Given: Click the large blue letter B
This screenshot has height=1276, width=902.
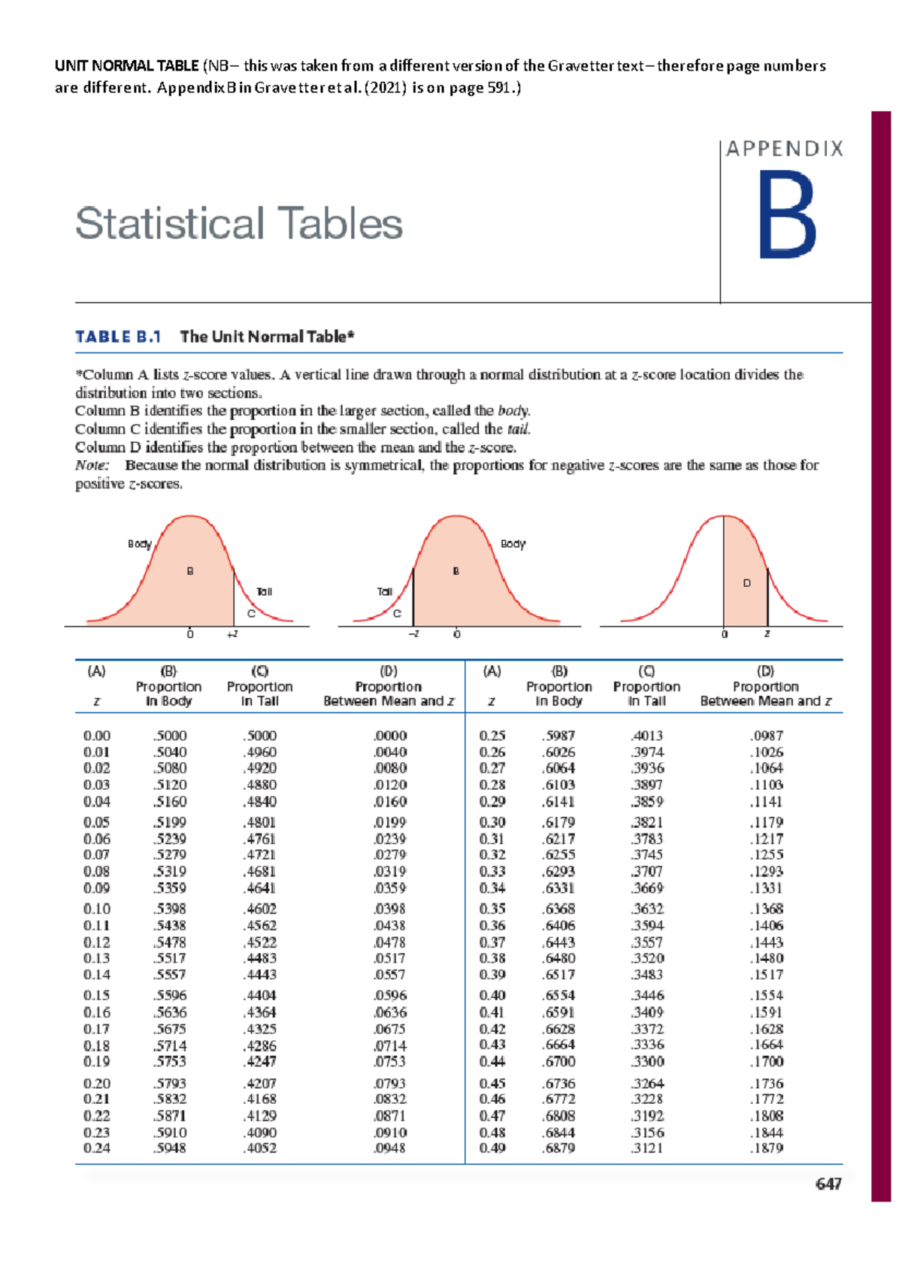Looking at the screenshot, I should click(x=786, y=216).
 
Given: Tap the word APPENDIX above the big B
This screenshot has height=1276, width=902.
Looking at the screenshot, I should click(x=784, y=149).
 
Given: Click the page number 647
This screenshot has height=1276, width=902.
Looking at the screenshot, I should click(x=828, y=1184).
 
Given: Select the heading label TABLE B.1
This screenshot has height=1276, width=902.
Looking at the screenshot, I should click(x=118, y=337).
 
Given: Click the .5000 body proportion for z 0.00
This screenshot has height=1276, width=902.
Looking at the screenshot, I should click(x=170, y=736).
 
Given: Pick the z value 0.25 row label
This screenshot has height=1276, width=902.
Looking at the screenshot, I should click(x=492, y=736).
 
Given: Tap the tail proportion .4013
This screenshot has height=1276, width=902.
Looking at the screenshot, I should click(x=646, y=736).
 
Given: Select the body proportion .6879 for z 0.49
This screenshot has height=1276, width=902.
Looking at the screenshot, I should click(x=558, y=1148).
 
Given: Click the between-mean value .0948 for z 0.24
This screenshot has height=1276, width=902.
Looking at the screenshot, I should click(x=389, y=1148).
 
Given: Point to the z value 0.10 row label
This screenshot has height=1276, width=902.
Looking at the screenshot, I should click(x=97, y=909).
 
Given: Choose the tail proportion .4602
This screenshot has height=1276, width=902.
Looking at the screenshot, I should click(x=259, y=909).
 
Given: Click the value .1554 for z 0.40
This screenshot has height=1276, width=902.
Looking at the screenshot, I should click(x=766, y=995).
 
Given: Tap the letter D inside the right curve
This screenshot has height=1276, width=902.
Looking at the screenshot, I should click(x=746, y=583).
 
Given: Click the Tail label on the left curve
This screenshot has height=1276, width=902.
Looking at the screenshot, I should click(x=264, y=591).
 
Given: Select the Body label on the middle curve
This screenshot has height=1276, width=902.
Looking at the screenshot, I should click(x=513, y=543).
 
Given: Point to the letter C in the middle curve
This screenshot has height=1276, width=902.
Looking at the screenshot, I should click(x=397, y=614).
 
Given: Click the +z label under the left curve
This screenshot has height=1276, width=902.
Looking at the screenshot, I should click(x=232, y=634).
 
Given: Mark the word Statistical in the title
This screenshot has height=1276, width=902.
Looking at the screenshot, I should click(x=170, y=223).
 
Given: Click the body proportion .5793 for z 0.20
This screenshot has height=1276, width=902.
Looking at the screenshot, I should click(x=170, y=1084).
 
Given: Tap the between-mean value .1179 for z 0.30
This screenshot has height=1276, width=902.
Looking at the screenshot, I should click(x=766, y=822).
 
